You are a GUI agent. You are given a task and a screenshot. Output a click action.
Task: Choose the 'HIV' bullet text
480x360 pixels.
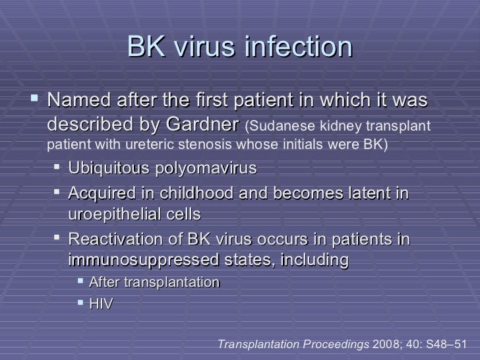(x=101, y=303)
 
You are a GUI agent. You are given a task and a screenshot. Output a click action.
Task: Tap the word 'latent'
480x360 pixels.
(x=371, y=193)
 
